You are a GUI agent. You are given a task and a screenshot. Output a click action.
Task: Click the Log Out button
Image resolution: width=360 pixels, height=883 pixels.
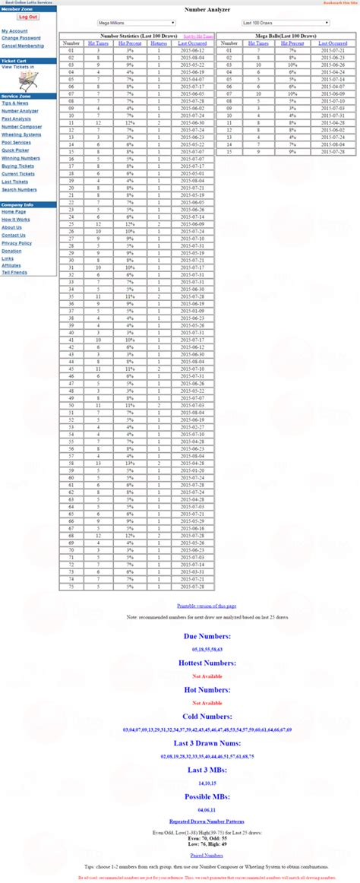pos(28,16)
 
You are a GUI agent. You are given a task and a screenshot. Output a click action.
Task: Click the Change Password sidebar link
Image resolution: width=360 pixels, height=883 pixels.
pos(21,38)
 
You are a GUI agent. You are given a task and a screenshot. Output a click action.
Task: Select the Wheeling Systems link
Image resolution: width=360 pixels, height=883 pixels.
pos(21,135)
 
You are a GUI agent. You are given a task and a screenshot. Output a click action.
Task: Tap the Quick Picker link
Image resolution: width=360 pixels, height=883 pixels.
pos(15,150)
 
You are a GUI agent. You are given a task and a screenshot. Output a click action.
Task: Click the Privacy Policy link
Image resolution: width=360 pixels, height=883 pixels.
pos(17,243)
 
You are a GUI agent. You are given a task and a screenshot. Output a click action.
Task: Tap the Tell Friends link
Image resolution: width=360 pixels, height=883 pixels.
pos(14,272)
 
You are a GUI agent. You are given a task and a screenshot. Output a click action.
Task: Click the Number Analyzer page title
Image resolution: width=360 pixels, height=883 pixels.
pos(207,11)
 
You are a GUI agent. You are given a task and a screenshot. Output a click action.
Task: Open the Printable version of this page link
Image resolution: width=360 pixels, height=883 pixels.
pos(207,606)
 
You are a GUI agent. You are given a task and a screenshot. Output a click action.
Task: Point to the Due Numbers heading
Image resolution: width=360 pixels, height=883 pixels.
pos(207,635)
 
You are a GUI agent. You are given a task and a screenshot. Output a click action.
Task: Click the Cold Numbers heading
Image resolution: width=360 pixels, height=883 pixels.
pos(207,716)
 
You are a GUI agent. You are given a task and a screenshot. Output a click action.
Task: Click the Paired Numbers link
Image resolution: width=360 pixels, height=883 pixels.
pos(207,855)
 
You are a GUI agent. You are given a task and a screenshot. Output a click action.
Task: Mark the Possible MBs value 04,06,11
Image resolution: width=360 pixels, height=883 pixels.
pos(207,809)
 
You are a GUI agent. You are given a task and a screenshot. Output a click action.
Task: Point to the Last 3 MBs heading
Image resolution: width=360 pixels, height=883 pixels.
pos(207,771)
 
